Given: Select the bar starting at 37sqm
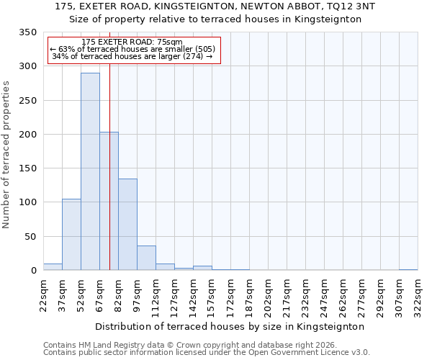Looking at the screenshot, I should [71, 235].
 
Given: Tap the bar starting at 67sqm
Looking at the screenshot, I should [109, 201].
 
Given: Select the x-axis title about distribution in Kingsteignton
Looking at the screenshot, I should [230, 326].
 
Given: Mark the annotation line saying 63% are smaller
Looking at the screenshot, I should [133, 49].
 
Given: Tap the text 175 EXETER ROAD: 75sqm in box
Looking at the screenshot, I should [133, 42].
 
